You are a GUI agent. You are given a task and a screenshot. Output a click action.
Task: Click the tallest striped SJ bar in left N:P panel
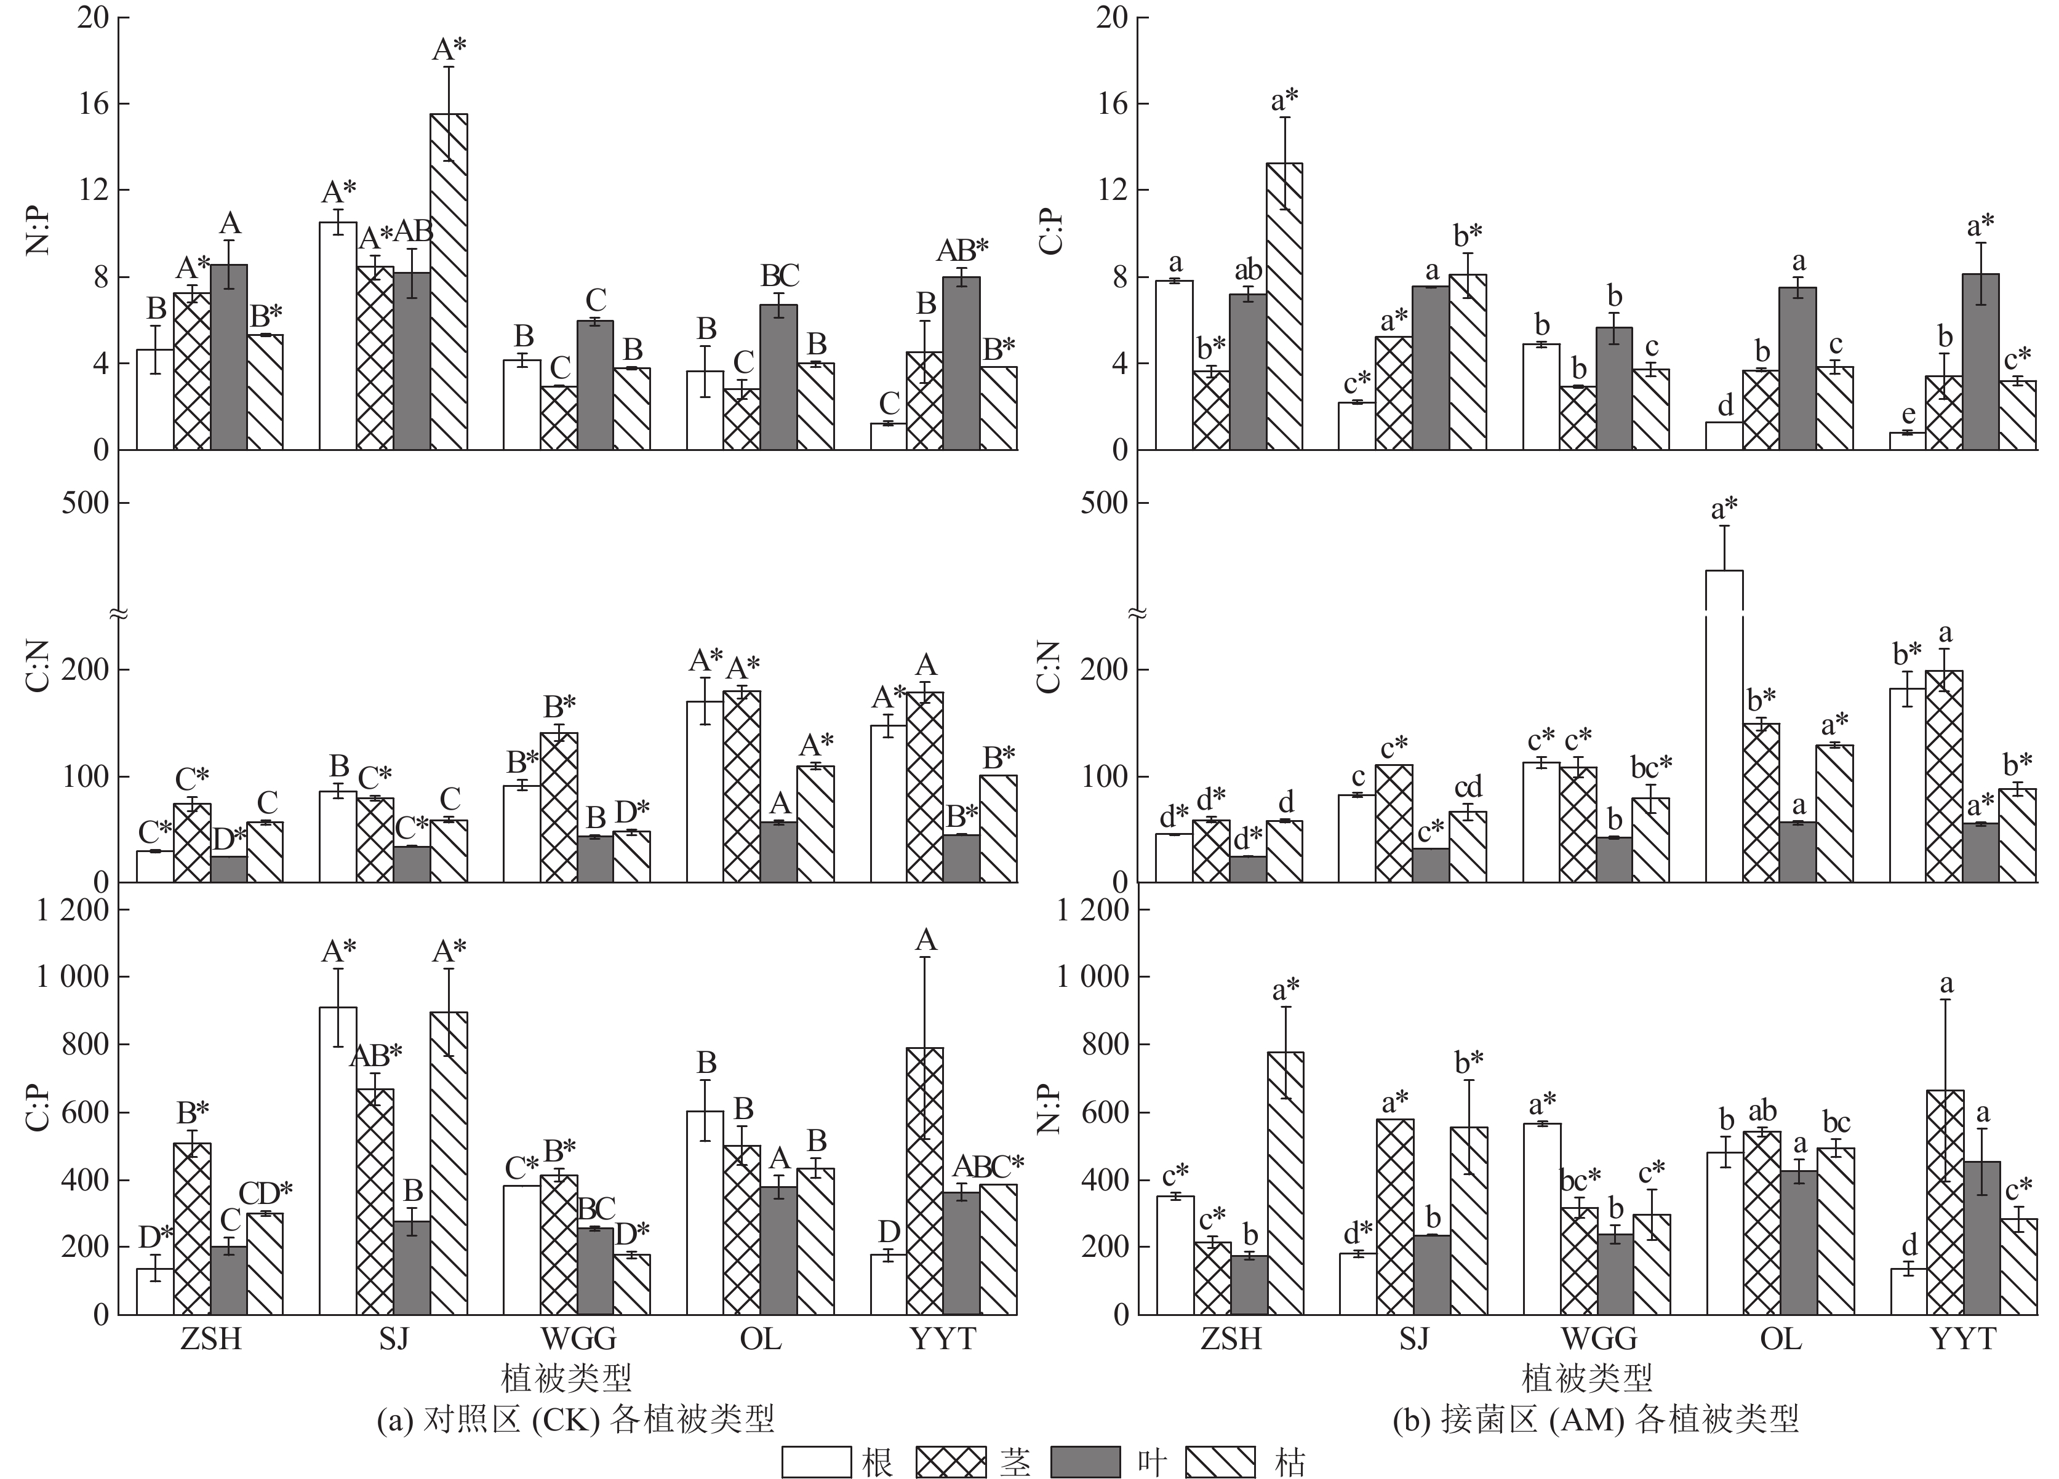[449, 281]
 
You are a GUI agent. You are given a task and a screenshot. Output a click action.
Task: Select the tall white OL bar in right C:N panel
[1724, 727]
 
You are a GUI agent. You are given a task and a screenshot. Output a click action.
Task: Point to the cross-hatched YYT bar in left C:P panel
[925, 1180]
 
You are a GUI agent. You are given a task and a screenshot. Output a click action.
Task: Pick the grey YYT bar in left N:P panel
[961, 363]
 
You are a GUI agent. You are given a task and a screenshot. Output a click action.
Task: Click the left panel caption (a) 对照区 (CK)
[575, 1418]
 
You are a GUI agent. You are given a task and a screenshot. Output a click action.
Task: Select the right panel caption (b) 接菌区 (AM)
[1595, 1418]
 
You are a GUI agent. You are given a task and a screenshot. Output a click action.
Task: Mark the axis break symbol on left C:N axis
[118, 614]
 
